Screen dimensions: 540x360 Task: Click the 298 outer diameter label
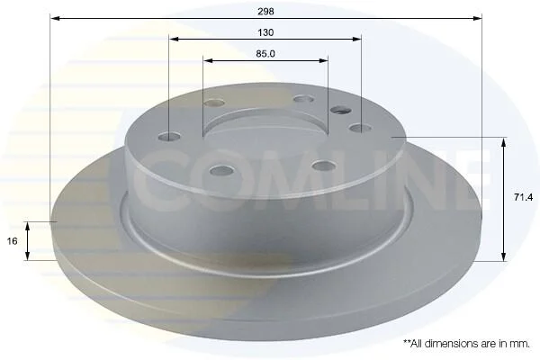[265, 12]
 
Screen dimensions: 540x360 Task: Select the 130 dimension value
[265, 32]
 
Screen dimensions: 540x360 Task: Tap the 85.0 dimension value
[265, 54]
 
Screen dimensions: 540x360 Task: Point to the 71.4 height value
[523, 197]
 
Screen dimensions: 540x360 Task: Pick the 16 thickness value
[12, 241]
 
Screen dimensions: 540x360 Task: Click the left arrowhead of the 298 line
[56, 18]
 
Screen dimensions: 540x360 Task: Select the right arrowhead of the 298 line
[477, 18]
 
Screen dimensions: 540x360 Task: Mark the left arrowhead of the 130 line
[175, 40]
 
